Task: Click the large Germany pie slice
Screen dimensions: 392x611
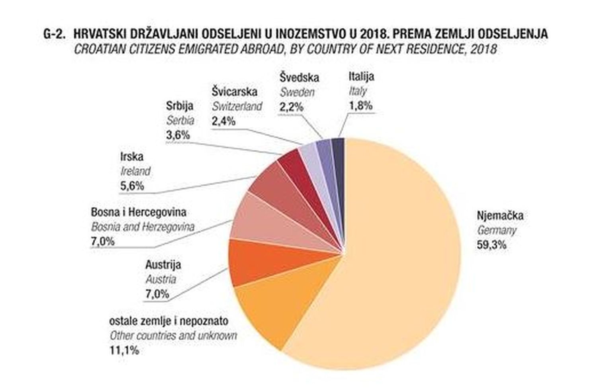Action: (x=398, y=258)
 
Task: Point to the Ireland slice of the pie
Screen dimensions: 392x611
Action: (x=274, y=187)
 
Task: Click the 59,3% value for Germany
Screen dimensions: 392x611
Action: (x=492, y=245)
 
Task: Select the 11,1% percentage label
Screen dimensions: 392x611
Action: (x=124, y=350)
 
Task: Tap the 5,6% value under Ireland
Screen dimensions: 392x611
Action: (x=132, y=186)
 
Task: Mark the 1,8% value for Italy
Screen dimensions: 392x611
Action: (x=360, y=105)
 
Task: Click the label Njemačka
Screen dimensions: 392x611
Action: (x=500, y=216)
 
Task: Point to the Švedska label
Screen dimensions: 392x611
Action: (x=299, y=77)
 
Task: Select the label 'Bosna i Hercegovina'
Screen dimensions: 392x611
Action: (x=138, y=212)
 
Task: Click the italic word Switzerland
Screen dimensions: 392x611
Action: (x=237, y=106)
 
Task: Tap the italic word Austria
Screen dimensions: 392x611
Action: (x=161, y=279)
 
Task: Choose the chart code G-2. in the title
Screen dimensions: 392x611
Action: (x=54, y=34)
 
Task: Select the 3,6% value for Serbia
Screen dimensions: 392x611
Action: (x=178, y=135)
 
